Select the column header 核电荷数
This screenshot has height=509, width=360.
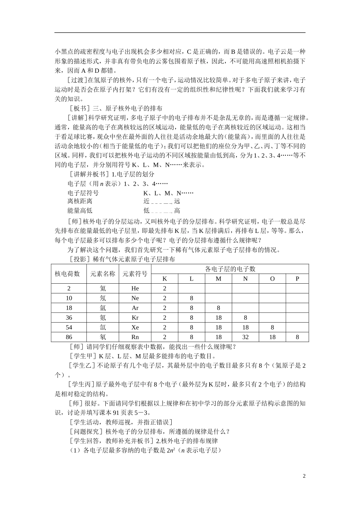click(x=67, y=274)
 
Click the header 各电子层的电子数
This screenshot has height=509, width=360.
click(x=230, y=269)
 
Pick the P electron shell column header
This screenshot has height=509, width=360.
click(x=297, y=279)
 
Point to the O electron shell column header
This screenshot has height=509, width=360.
click(x=272, y=279)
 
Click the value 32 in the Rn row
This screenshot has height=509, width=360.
click(x=245, y=337)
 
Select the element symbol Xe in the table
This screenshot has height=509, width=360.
click(x=135, y=327)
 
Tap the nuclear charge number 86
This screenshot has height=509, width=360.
click(x=69, y=337)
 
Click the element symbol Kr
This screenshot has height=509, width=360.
click(x=135, y=317)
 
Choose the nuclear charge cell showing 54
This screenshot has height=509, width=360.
click(x=69, y=327)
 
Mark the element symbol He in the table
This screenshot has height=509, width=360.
click(x=135, y=288)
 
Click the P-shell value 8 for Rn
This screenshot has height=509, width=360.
click(x=297, y=337)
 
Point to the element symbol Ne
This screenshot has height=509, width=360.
click(x=135, y=298)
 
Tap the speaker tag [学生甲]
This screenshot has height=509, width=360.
click(x=81, y=356)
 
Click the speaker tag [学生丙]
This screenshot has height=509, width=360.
click(x=81, y=384)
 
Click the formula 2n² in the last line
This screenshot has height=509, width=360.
click(x=170, y=450)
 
